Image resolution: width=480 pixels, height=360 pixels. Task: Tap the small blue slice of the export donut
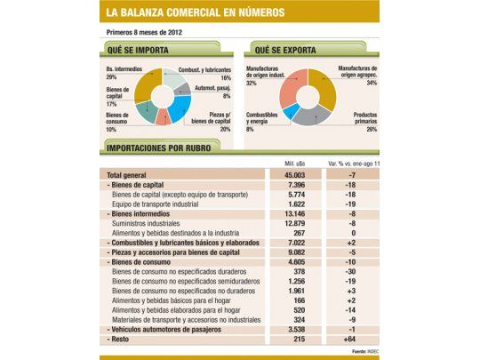click(291, 110)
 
